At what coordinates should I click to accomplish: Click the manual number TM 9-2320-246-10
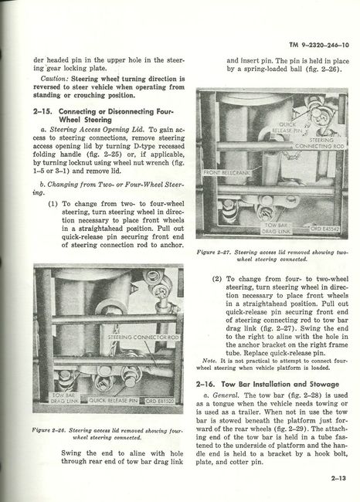[x=319, y=45]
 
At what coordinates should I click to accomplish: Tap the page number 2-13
[x=338, y=478]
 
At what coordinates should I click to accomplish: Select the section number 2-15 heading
[x=45, y=112]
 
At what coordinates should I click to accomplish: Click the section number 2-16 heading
[x=206, y=384]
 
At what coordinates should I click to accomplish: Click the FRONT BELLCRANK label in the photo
[x=227, y=172]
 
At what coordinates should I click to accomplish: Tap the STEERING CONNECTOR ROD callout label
[x=143, y=337]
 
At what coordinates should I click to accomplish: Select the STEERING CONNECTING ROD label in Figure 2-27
[x=320, y=143]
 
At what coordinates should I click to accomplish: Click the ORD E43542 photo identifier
[x=325, y=229]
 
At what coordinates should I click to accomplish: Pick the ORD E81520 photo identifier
[x=160, y=401]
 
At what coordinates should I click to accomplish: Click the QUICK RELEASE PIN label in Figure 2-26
[x=113, y=401]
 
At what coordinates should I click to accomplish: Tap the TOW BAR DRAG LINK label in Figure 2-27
[x=276, y=229]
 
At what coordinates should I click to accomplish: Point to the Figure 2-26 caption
[x=107, y=434]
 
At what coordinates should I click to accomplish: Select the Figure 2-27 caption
[x=272, y=256]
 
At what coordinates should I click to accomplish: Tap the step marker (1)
[x=53, y=204]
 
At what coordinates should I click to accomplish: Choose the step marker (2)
[x=217, y=279]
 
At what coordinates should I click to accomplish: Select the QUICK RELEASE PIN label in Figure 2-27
[x=287, y=127]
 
